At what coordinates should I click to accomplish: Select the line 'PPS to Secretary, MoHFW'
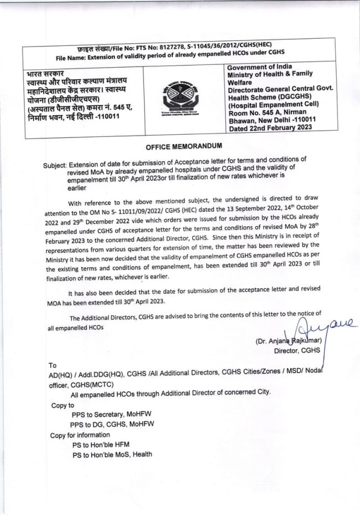pos(113,414)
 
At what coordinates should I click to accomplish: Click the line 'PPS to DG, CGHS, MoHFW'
pos(113,424)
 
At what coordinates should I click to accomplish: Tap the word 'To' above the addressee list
pos(53,366)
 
